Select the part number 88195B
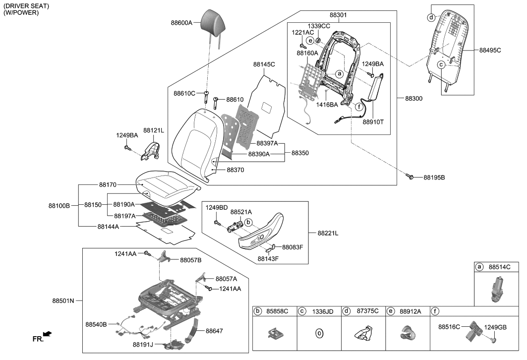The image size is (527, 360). click(x=434, y=178)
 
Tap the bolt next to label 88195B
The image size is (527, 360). click(x=411, y=176)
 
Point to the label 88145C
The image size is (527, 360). click(x=264, y=64)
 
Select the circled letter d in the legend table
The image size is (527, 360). click(x=347, y=311)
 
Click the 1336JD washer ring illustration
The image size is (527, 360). click(x=319, y=334)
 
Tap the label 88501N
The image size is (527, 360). click(x=62, y=300)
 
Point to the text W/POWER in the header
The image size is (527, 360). click(x=21, y=12)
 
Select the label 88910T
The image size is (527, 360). click(x=374, y=120)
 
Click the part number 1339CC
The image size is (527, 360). click(x=319, y=26)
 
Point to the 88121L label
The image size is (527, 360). click(x=154, y=130)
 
